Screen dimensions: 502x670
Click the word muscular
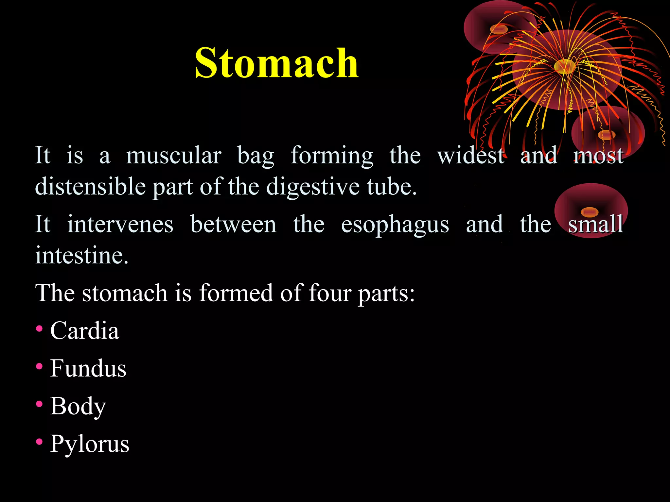coord(174,156)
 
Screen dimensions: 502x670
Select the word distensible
coord(90,187)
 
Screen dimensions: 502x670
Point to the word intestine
coord(81,255)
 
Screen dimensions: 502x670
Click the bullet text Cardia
coord(85,330)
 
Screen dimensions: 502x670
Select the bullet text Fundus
coord(88,368)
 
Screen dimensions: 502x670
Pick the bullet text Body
coord(78,406)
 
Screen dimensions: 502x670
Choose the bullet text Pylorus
coord(90,444)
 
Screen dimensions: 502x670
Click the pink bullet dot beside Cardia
coord(39,329)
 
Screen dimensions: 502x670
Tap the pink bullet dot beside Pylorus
coord(39,442)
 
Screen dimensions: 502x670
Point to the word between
coord(233,225)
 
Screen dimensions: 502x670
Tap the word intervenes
coord(120,225)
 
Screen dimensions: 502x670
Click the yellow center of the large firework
coord(565,66)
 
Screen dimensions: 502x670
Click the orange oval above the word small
coord(590,212)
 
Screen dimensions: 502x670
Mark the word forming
coord(332,156)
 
